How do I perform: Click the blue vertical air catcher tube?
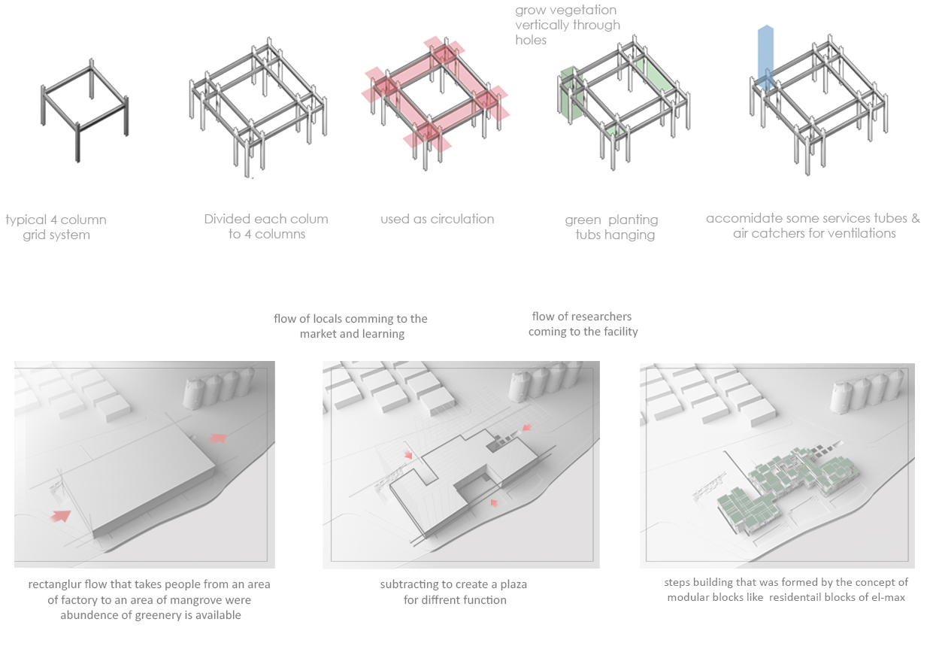[765, 58]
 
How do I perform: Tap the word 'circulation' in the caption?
[462, 219]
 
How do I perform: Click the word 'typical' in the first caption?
[26, 220]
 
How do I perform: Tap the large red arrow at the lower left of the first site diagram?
[62, 517]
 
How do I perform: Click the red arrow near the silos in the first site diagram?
[218, 438]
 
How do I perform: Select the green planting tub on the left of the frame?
[569, 93]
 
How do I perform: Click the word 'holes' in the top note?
[531, 40]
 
